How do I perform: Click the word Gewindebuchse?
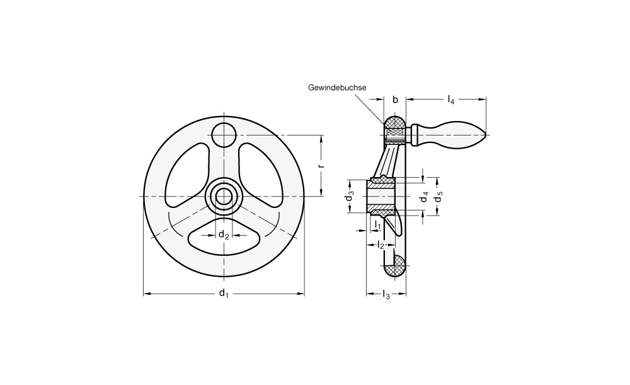pos(337,88)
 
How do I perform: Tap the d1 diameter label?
pos(224,294)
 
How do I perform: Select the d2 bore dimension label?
pos(224,234)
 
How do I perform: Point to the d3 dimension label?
pos(350,197)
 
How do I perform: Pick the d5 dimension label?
pos(438,197)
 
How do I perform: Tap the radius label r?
pos(321,166)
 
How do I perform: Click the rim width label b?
pos(395,100)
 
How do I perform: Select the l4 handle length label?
pos(451,100)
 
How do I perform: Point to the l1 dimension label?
pos(377,226)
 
